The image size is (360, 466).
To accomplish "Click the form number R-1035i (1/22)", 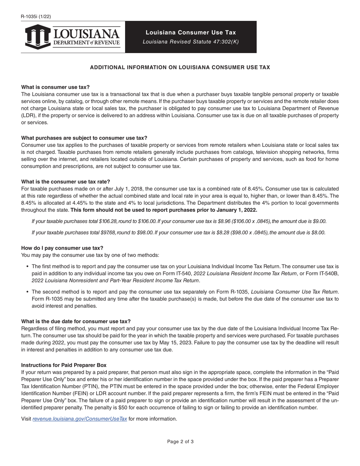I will pos(36,16).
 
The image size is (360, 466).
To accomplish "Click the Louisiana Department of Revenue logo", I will pos(73,37).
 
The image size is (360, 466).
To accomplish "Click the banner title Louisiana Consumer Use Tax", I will pos(191,33).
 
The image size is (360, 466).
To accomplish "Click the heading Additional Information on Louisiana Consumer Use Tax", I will pos(180,67).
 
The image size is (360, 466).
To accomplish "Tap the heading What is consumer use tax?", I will pos(55,87).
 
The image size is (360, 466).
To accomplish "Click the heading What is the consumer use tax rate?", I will pos(66,181).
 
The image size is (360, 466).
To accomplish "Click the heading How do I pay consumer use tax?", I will pos(62,248).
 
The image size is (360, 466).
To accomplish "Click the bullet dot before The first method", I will pos(28,267).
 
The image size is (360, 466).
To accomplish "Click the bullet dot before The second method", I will pos(28,292).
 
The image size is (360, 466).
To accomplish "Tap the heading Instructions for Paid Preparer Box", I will pos(64,365).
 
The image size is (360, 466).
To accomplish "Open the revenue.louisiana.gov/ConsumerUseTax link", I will pos(80,419).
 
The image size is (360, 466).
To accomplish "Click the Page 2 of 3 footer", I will pos(180,441).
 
